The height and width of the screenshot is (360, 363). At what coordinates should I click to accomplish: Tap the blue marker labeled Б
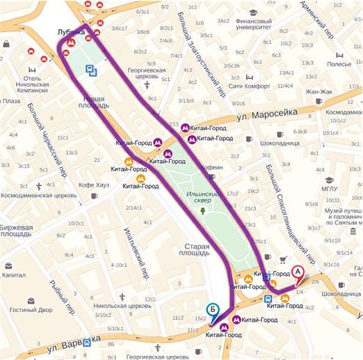(213, 311)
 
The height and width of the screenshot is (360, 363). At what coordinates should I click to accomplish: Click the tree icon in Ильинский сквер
(203, 209)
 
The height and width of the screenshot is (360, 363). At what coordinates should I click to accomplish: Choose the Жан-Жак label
(320, 91)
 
